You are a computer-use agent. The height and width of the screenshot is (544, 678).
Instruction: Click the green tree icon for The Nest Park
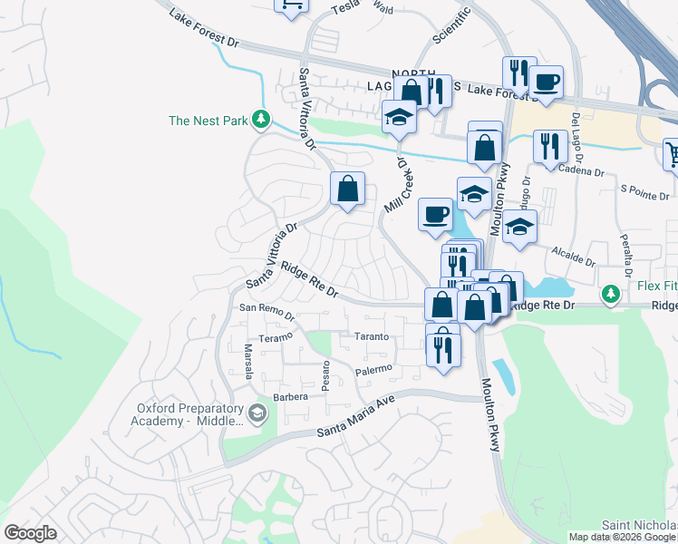pos(261,119)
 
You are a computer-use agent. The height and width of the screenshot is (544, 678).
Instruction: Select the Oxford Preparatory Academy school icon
pos(257,414)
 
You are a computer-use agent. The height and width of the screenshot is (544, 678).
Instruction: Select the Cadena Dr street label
pos(581,170)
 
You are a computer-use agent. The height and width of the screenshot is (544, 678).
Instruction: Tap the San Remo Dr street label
pos(266,313)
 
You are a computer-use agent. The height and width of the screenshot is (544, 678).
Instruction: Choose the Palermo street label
pos(373,369)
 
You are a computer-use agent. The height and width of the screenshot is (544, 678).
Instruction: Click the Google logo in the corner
pos(30,532)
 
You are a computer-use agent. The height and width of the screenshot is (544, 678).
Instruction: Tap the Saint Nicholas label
pos(640,526)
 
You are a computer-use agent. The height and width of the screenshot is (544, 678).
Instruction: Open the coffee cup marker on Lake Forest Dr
pos(546,83)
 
